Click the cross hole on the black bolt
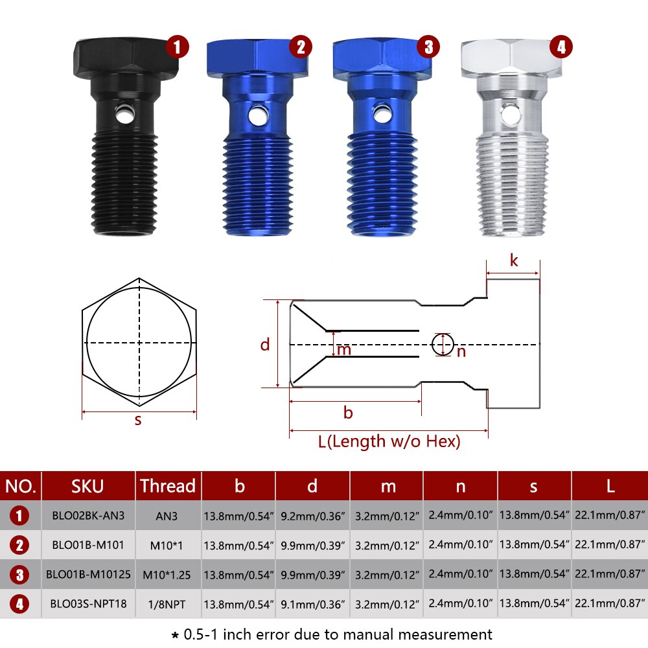[124, 114]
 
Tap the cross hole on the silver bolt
[511, 113]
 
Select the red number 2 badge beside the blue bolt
[301, 47]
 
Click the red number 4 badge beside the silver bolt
[561, 47]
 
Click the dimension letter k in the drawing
[514, 260]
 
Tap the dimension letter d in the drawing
[265, 344]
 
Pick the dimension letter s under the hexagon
[138, 421]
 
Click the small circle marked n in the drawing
[443, 344]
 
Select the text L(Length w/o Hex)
[389, 441]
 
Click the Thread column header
[168, 486]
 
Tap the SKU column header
[87, 487]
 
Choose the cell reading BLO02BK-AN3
[88, 516]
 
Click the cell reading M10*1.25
[167, 575]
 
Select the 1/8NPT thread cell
[167, 605]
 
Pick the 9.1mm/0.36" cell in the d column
[312, 604]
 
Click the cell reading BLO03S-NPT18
[88, 604]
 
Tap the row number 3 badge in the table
[19, 575]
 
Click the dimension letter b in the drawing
[348, 412]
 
